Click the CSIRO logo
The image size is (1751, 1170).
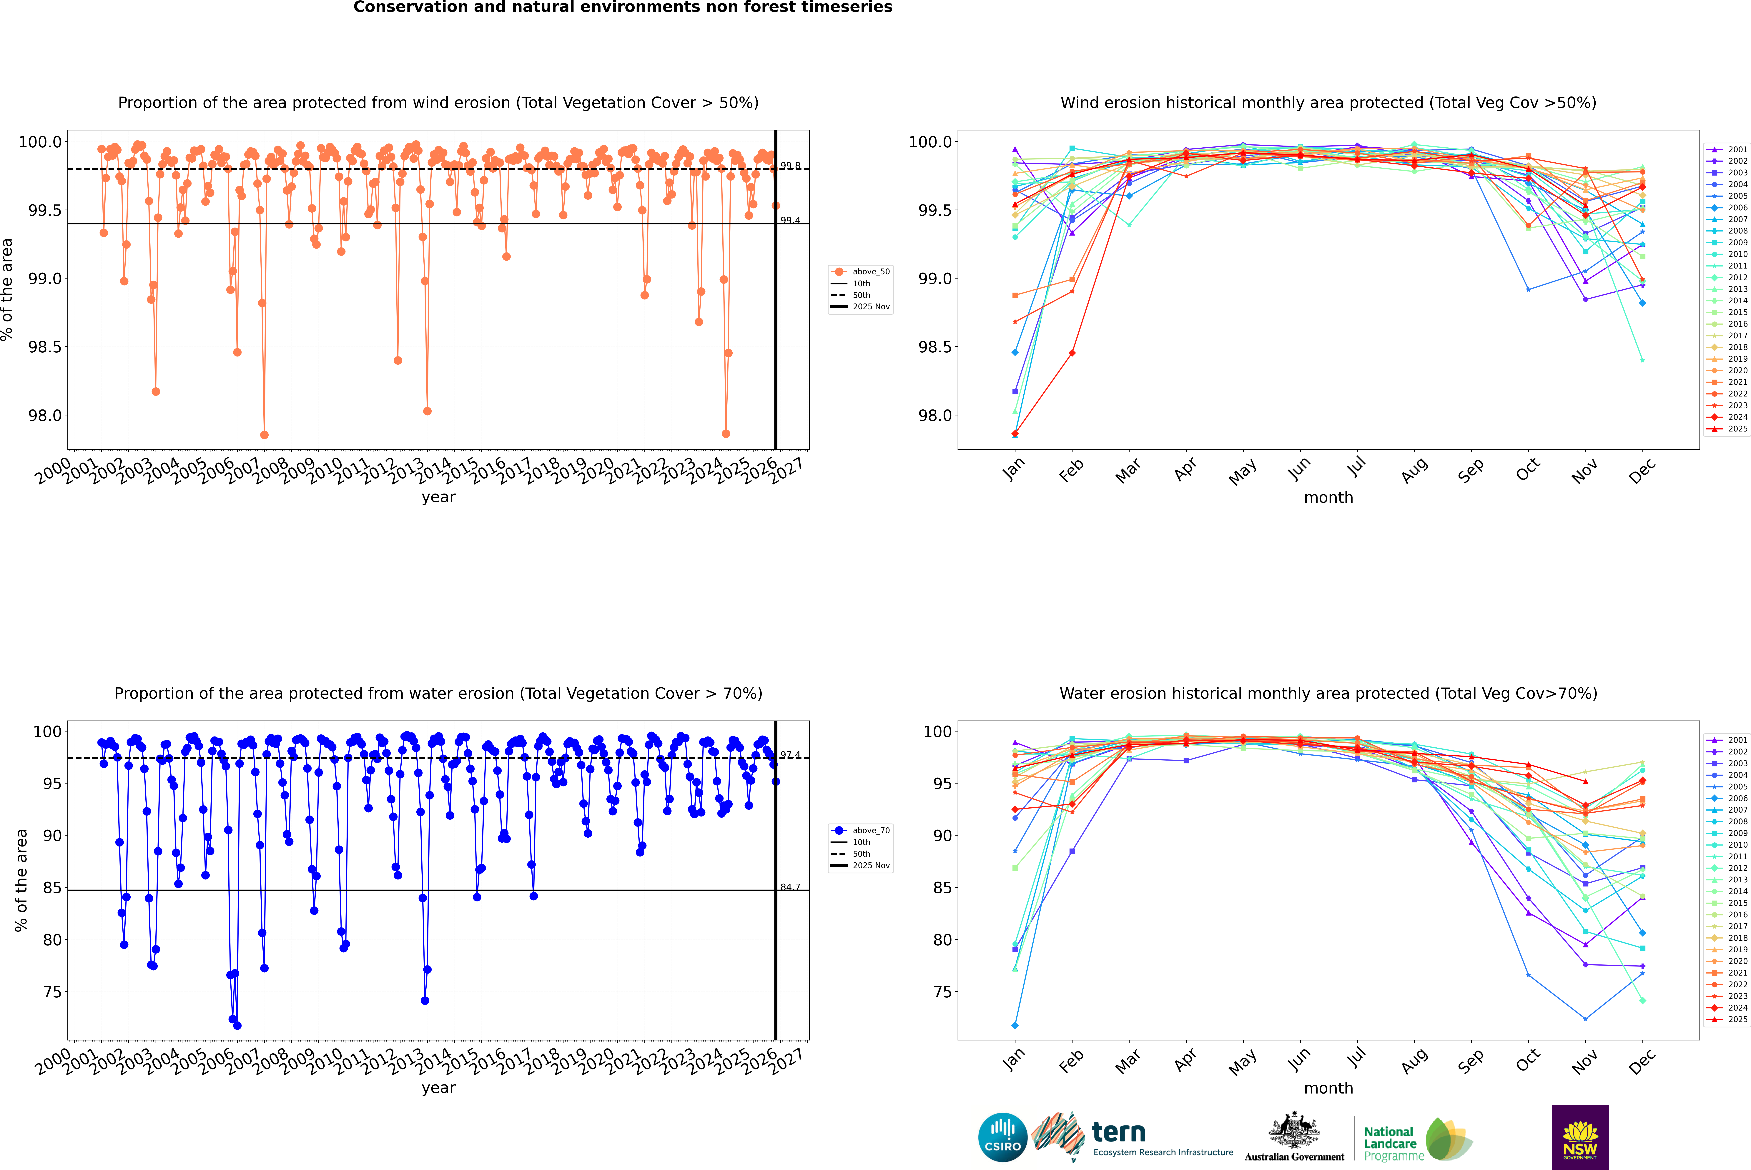[x=1002, y=1137]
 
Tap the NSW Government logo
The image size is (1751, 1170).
[x=1580, y=1137]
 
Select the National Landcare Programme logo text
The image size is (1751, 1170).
[x=1390, y=1143]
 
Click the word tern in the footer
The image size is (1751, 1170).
[x=1118, y=1132]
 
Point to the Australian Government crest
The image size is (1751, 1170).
[x=1293, y=1130]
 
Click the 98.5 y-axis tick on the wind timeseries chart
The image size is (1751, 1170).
[x=45, y=347]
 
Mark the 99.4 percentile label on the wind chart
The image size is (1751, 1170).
[x=790, y=220]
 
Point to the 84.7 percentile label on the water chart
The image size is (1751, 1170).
[x=790, y=887]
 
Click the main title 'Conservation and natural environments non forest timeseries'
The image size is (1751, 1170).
[x=623, y=7]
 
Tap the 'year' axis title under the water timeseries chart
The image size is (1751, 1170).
[x=438, y=1088]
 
